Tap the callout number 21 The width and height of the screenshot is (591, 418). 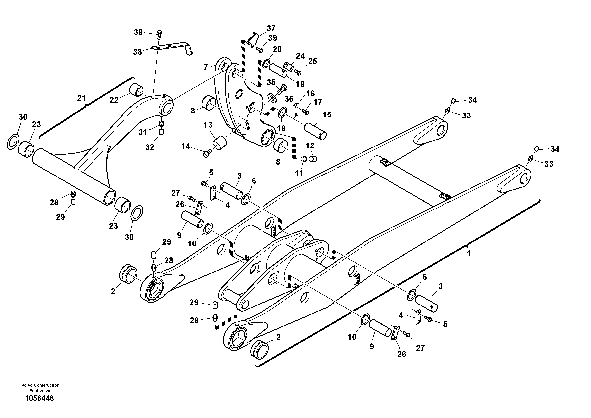[x=81, y=98]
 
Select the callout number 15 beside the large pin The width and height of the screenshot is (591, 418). [x=327, y=115]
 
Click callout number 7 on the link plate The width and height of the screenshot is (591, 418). [x=205, y=68]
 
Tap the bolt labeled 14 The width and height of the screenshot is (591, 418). [x=206, y=154]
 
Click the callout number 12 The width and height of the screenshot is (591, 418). [x=310, y=146]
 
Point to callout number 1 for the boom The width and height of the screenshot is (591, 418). [x=469, y=254]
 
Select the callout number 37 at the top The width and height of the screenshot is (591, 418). [x=271, y=28]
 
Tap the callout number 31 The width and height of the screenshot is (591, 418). [x=142, y=132]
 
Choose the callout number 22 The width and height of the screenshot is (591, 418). [x=114, y=100]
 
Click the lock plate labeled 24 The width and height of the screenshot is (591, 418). [x=288, y=66]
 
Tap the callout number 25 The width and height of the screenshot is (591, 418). [x=312, y=61]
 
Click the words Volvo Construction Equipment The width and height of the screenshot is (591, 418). [x=40, y=388]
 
